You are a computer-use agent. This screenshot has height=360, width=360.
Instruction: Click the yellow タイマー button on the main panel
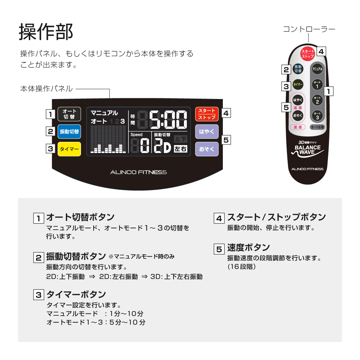click(x=69, y=149)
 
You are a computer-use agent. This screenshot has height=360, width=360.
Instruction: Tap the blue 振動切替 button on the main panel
click(x=69, y=131)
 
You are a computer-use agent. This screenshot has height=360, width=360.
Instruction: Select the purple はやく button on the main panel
click(x=207, y=131)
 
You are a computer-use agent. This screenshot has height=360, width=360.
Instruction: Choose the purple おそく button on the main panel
click(x=207, y=149)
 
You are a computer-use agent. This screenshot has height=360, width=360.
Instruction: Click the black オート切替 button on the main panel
click(x=69, y=114)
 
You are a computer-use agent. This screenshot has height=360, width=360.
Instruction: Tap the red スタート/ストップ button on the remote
click(x=308, y=54)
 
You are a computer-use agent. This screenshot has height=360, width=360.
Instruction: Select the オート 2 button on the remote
click(x=317, y=100)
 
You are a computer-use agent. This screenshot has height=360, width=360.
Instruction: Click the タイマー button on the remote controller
click(x=298, y=85)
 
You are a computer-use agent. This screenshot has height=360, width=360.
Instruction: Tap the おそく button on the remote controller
click(x=298, y=115)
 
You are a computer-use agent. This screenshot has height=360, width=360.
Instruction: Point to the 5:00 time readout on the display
click(x=168, y=120)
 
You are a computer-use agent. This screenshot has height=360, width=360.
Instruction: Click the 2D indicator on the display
click(x=163, y=145)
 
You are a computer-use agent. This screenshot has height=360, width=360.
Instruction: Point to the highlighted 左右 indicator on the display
click(x=180, y=149)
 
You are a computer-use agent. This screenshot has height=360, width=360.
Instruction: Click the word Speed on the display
click(x=136, y=135)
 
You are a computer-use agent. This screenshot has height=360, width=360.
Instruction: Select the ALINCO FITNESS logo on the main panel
click(x=139, y=172)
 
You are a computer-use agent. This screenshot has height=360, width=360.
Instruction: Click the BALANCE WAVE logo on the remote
click(x=308, y=150)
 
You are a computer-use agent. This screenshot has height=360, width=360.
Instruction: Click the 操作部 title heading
click(x=46, y=32)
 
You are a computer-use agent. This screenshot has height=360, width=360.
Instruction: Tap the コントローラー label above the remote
click(x=309, y=29)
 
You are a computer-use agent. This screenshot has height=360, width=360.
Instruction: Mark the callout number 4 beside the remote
click(x=321, y=51)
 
